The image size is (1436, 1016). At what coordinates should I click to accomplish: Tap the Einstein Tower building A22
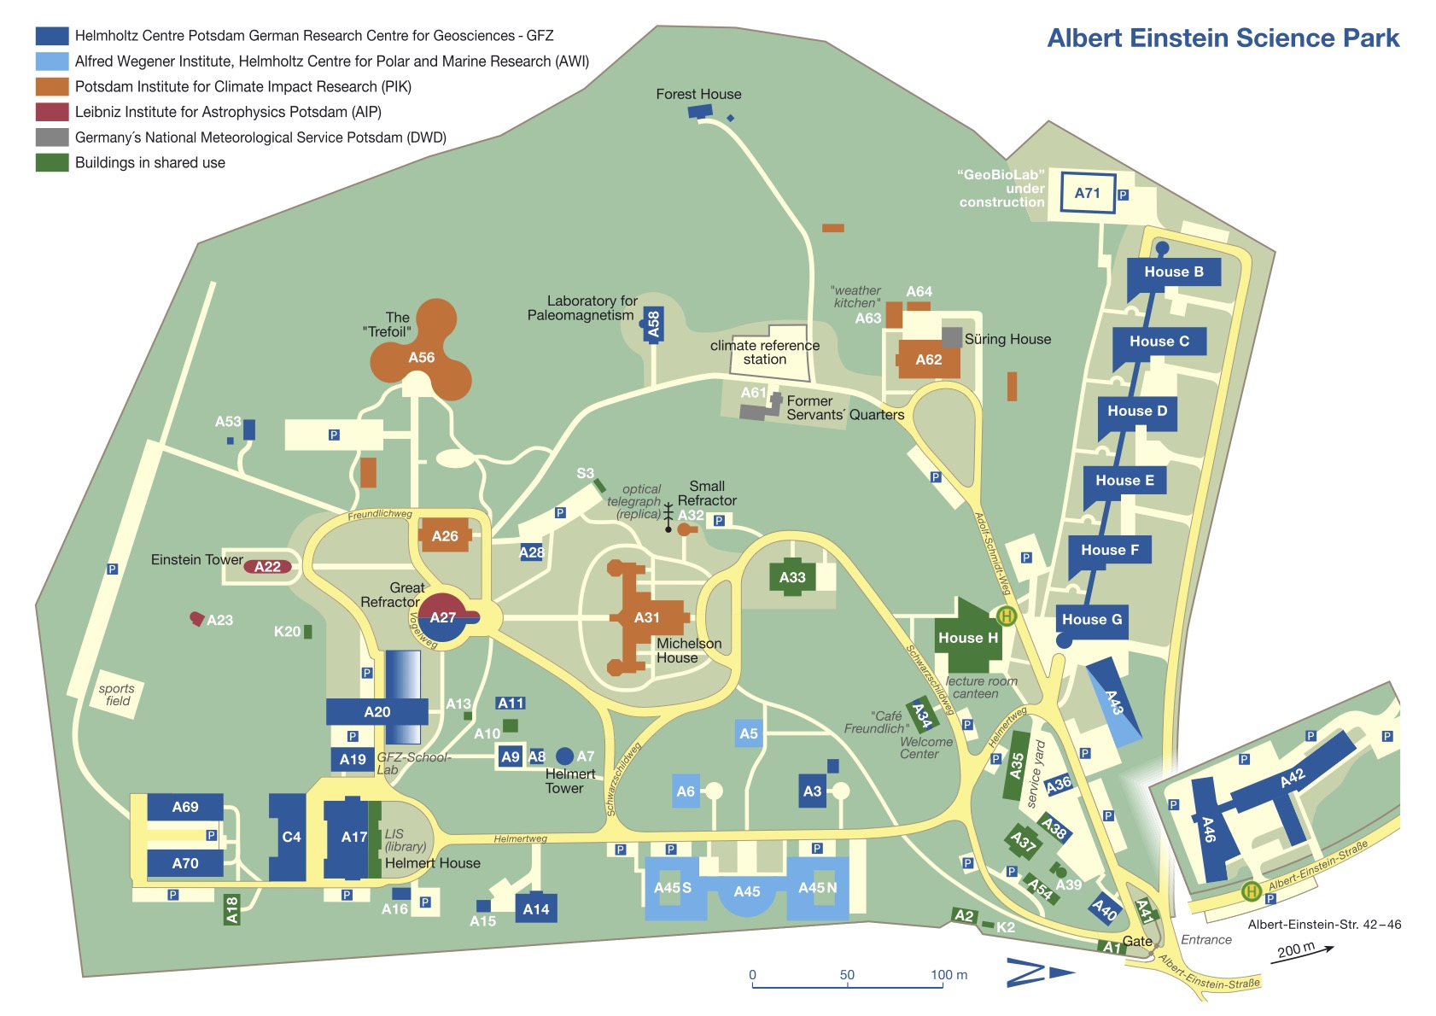[x=268, y=566]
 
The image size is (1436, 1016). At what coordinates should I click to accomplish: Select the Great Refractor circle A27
[x=443, y=617]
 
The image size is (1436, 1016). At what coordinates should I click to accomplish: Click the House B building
[x=1173, y=272]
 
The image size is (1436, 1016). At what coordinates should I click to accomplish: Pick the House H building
[x=967, y=638]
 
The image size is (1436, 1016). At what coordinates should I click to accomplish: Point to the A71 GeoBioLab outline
[x=1087, y=193]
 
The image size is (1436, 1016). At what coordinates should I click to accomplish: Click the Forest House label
[x=698, y=94]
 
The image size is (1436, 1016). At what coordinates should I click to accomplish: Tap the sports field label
[x=116, y=695]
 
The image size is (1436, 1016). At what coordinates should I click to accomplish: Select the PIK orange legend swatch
[x=51, y=86]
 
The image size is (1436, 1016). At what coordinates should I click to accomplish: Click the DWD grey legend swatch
[x=51, y=137]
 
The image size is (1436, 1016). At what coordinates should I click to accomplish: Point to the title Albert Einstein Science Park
[x=1223, y=38]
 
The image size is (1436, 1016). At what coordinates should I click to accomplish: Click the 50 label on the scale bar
[x=846, y=975]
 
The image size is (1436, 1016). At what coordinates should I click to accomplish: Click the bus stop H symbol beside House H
[x=1007, y=616]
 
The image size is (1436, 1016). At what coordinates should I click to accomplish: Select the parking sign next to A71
[x=1123, y=195]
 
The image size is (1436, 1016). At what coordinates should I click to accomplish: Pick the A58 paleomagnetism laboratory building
[x=654, y=324]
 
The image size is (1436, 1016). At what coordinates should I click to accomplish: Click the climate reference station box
[x=768, y=351]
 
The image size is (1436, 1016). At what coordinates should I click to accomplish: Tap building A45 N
[x=817, y=888]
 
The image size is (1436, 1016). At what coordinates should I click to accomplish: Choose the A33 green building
[x=792, y=577]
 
